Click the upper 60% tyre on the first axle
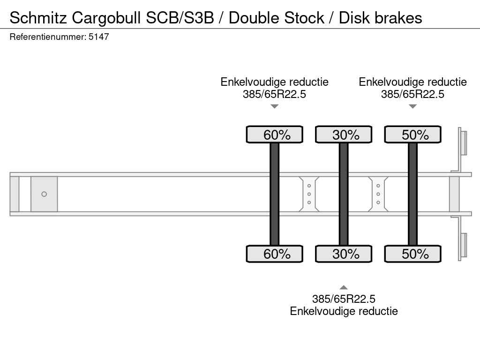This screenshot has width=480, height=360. (x=275, y=135)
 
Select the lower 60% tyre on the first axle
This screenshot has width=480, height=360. (x=275, y=254)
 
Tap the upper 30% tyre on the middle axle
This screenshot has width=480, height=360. (x=344, y=135)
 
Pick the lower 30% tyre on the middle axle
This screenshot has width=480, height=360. (x=344, y=254)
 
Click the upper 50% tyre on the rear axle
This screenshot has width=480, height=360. (x=412, y=135)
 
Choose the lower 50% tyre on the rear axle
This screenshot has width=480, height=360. (x=412, y=254)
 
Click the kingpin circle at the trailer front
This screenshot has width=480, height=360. (x=44, y=194)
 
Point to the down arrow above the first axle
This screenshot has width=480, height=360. (x=275, y=106)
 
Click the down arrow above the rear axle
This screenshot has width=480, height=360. (x=412, y=106)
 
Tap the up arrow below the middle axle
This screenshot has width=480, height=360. (x=344, y=287)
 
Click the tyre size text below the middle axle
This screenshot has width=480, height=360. (x=344, y=299)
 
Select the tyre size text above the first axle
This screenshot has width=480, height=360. (x=274, y=94)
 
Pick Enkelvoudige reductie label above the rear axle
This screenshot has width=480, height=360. (x=412, y=82)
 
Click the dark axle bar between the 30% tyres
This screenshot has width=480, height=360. (x=344, y=194)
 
